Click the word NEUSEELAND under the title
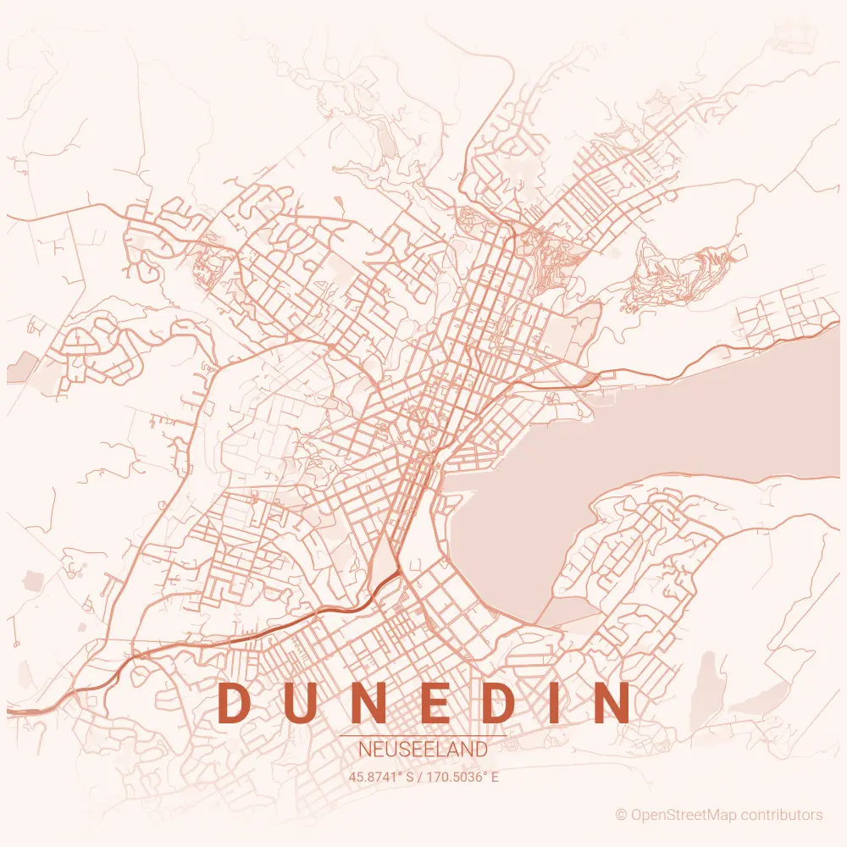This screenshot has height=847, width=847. (x=423, y=750)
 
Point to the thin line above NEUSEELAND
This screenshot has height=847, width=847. (x=423, y=736)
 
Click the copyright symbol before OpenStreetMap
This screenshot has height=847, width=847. (x=621, y=815)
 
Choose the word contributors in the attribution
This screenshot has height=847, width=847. (x=781, y=815)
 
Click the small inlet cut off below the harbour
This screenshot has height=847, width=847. (x=569, y=611)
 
